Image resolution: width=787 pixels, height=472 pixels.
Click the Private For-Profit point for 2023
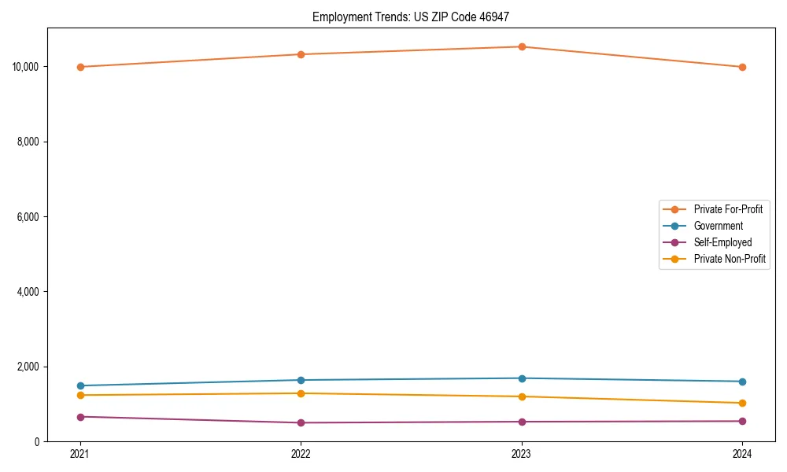[522, 46]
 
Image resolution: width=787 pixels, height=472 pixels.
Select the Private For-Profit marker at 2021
[80, 67]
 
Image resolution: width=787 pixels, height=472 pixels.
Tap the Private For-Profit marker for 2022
[301, 54]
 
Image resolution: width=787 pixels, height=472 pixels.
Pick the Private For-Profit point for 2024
[742, 67]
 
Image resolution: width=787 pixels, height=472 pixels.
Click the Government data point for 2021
[80, 385]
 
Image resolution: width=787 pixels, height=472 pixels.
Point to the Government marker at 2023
[522, 378]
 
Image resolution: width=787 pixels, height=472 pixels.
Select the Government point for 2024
[742, 382]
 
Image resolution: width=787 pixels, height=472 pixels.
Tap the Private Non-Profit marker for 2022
[301, 393]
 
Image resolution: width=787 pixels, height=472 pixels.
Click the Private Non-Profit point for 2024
[742, 403]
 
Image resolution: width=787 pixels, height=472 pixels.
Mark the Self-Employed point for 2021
[80, 417]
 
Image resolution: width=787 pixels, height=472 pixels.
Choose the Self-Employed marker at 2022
[301, 422]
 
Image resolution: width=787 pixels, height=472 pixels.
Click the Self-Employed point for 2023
[522, 422]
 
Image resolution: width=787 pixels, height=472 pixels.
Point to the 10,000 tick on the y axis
[27, 67]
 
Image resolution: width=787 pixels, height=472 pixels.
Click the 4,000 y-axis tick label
[29, 292]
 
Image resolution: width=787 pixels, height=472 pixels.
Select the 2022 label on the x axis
[301, 454]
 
